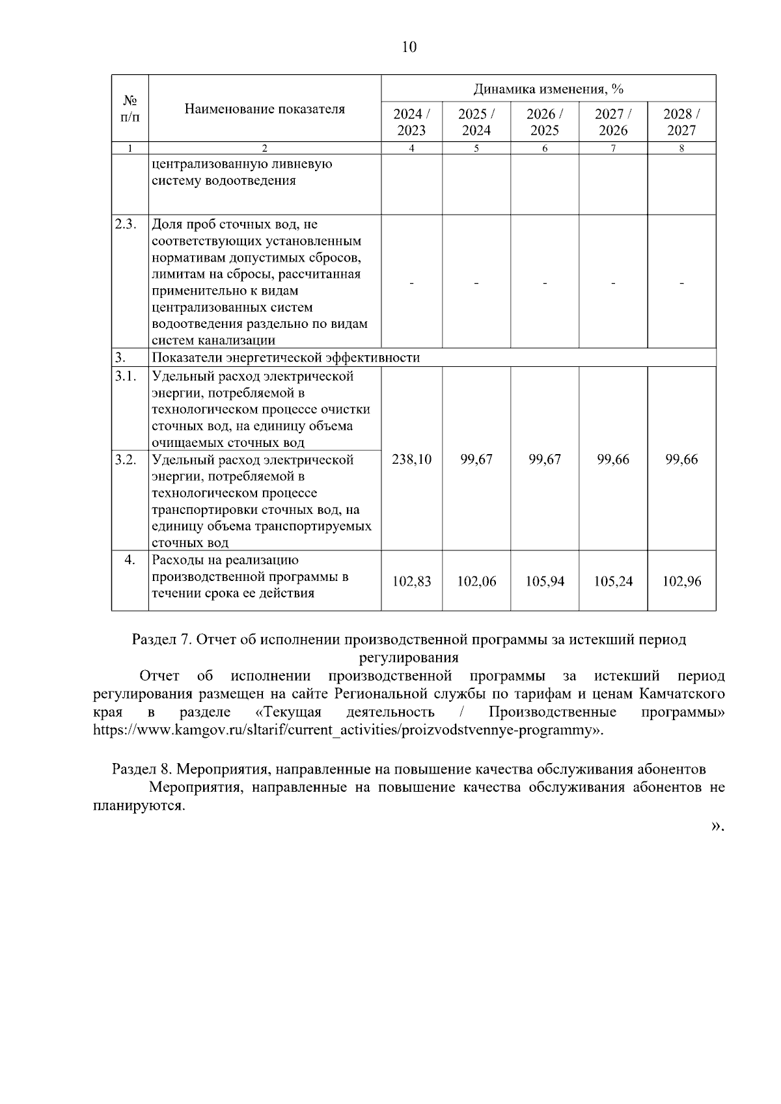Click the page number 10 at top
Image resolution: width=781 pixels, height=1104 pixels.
(x=409, y=47)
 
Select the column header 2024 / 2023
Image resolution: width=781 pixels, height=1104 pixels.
(x=411, y=122)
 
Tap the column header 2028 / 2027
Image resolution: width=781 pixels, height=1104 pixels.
(x=681, y=122)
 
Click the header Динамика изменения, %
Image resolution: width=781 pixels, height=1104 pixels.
(x=548, y=88)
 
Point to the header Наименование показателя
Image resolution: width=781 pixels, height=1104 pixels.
(x=264, y=109)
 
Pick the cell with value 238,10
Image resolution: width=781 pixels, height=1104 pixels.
(x=411, y=459)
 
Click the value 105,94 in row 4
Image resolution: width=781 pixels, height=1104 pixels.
(x=545, y=582)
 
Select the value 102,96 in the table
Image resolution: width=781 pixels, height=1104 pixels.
(x=681, y=582)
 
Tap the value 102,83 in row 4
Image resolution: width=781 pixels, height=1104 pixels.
(x=411, y=582)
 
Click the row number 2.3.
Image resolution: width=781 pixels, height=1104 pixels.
(x=126, y=224)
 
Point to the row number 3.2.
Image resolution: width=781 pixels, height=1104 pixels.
(x=126, y=460)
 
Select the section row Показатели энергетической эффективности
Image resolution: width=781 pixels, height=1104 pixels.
(x=286, y=358)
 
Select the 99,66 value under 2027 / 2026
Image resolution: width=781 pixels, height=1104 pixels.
(x=613, y=459)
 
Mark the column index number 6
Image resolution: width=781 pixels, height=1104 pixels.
(x=545, y=148)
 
